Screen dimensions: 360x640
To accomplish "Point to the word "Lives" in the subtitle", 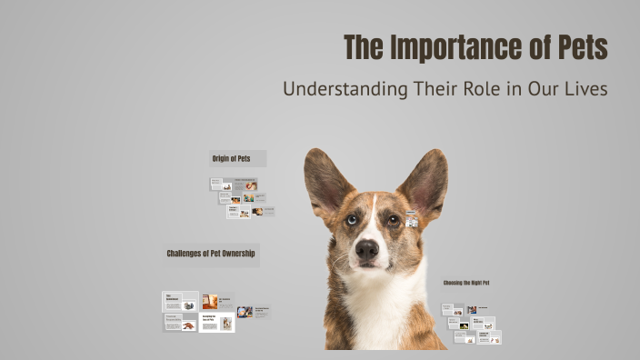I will [x=584, y=90].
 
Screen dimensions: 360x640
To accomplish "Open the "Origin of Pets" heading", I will [x=231, y=158].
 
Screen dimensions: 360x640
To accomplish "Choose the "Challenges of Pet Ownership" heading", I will [x=211, y=254].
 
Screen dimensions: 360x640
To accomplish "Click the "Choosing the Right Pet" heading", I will [x=466, y=283].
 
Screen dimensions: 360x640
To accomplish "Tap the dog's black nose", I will [x=367, y=249].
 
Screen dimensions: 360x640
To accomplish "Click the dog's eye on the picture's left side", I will [x=350, y=219].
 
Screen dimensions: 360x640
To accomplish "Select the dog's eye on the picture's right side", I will [x=393, y=219].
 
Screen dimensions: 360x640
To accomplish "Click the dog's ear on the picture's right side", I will [x=425, y=182].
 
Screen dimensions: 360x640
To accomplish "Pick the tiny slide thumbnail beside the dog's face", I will [x=412, y=219].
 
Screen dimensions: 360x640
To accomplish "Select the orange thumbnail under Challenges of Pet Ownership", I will [x=210, y=301].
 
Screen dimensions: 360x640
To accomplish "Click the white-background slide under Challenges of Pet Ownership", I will [x=216, y=323].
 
